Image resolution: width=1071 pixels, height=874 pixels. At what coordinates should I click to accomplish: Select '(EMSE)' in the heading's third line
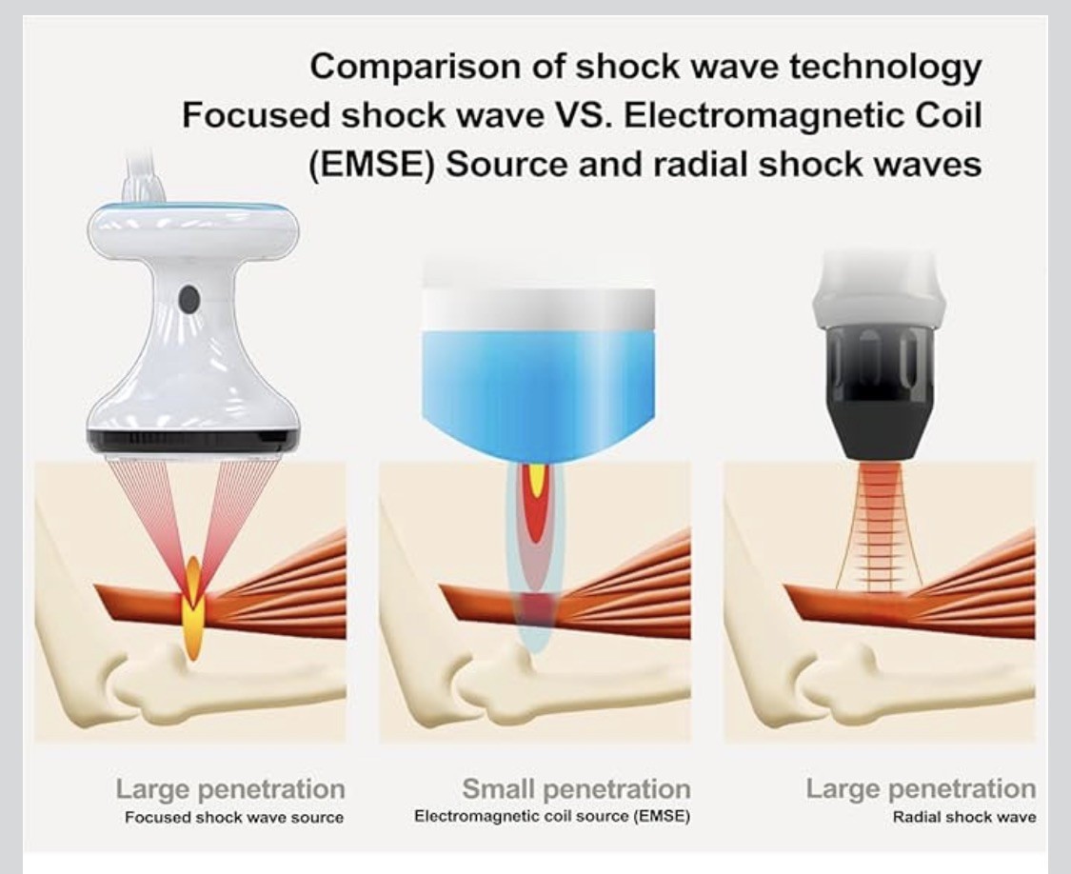tap(370, 165)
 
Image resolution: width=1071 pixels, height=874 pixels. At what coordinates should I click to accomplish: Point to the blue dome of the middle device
tap(540, 381)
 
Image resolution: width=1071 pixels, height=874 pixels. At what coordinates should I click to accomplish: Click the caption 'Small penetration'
tap(576, 789)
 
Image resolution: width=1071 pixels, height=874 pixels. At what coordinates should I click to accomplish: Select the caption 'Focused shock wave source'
tap(233, 818)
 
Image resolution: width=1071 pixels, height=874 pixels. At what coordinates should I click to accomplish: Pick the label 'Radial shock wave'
tap(963, 817)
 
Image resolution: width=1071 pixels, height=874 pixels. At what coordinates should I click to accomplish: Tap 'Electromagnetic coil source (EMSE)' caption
tap(552, 817)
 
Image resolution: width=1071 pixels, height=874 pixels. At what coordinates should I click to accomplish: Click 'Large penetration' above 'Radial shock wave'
tap(921, 789)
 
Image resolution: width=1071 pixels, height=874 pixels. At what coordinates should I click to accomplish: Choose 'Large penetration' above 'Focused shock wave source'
tap(230, 789)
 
